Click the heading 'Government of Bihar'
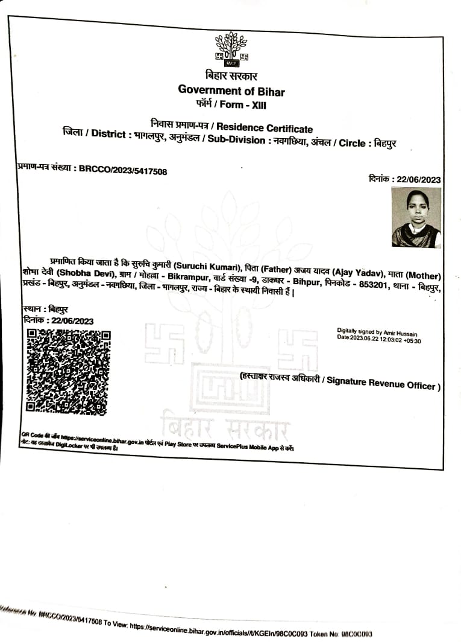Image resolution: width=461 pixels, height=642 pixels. [231, 91]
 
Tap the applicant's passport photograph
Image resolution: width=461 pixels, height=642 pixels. [416, 217]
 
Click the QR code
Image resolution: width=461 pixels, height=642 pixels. [67, 372]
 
